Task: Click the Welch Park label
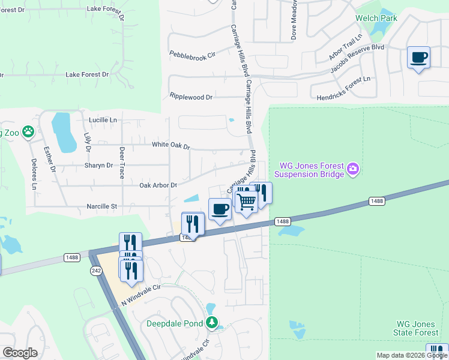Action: (376, 19)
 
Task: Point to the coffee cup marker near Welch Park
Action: (418, 58)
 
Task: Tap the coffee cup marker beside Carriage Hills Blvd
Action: (220, 209)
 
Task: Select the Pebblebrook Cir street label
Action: (192, 56)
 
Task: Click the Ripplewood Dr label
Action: (191, 97)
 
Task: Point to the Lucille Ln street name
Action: (103, 120)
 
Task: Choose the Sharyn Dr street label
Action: (99, 165)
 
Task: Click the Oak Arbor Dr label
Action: (158, 185)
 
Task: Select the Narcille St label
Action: (102, 206)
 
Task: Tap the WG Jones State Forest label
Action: (416, 328)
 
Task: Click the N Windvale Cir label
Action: (142, 295)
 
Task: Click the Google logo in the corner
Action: (20, 353)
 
